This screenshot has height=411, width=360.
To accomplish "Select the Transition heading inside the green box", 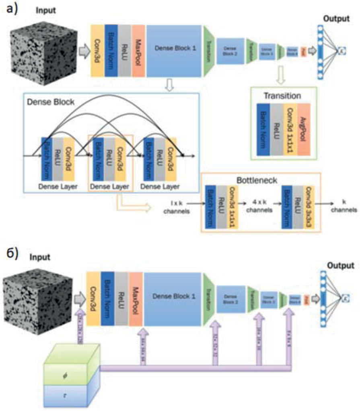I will point(282,96).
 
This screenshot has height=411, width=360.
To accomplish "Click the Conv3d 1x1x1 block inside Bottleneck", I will point(232,207).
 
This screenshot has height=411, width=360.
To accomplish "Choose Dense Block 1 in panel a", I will point(173,48).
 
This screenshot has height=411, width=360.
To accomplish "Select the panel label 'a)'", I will point(10,9).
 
